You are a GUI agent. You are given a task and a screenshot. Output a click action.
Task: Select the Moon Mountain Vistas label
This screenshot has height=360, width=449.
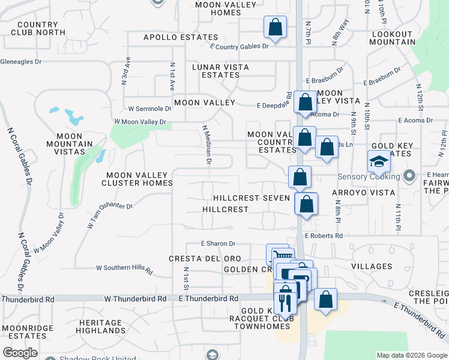point(70,144)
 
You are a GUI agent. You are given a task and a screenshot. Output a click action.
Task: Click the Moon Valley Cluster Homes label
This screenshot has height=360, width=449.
point(139,179)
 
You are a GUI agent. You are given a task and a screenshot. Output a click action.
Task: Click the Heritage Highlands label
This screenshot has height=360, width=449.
point(101,326)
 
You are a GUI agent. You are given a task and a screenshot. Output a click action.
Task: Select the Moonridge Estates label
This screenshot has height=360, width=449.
point(24,332)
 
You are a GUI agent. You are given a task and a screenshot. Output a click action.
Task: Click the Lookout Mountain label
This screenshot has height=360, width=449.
point(393,38)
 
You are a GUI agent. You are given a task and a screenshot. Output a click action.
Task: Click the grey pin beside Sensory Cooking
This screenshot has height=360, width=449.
point(409,176)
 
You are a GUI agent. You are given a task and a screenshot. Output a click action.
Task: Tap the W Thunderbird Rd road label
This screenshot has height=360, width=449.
point(135,299)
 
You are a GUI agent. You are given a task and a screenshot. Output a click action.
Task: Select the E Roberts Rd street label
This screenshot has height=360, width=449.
point(324,236)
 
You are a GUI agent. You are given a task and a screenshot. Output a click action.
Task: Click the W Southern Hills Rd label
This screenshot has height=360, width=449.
point(125,268)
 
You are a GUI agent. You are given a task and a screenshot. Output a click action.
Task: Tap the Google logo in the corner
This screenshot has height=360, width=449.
point(20,353)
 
